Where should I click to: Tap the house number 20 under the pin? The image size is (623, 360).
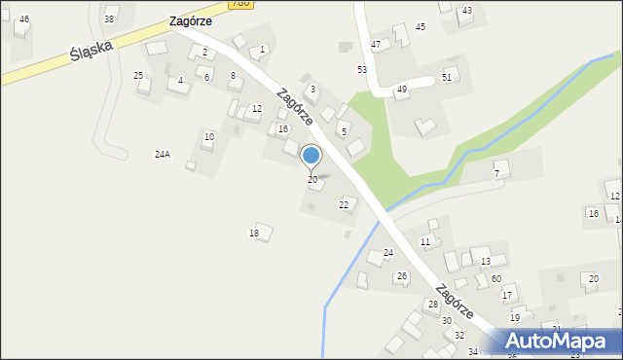click(312, 180)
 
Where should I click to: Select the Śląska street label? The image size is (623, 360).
click(92, 50)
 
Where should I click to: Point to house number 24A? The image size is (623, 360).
click(163, 154)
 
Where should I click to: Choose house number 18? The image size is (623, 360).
click(254, 234)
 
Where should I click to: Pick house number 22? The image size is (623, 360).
click(343, 204)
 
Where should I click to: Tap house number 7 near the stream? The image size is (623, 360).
click(496, 173)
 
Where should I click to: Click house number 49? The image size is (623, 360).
click(401, 90)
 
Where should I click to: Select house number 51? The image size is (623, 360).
click(447, 76)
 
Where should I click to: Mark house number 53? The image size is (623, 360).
click(362, 69)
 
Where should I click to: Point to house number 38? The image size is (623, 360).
click(109, 18)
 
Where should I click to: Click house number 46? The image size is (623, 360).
click(23, 18)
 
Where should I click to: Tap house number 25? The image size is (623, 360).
click(138, 75)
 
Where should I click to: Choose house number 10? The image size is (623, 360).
click(208, 136)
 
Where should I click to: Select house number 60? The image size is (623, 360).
click(495, 278)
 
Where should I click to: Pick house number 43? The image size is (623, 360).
click(467, 10)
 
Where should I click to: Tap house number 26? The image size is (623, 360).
click(401, 276)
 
